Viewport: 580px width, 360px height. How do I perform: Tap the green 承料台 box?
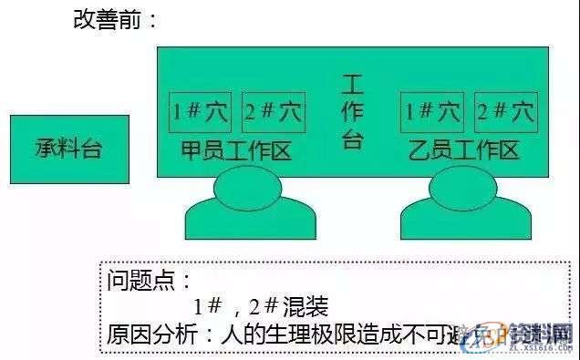click(x=69, y=149)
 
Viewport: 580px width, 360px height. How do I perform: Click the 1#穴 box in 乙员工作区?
click(x=432, y=112)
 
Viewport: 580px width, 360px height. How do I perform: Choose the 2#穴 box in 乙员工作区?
click(x=505, y=112)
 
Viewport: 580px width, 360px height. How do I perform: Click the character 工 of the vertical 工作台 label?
click(x=352, y=86)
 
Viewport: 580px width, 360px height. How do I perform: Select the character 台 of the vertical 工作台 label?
click(x=352, y=139)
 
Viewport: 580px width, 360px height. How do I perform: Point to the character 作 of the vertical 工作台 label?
click(x=352, y=112)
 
